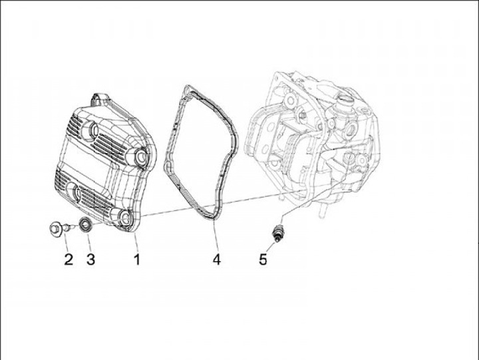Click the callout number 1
point(137,260)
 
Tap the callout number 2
point(69,260)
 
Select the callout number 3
point(90,260)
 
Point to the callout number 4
point(217,260)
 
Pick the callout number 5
point(263,260)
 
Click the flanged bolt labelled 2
point(61,228)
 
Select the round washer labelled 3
point(84,225)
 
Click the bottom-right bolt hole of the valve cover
point(125,218)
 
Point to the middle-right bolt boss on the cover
point(140,156)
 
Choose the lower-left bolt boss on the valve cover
point(75,193)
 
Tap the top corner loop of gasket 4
point(187,90)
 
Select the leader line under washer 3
point(88,242)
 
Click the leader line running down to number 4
point(215,236)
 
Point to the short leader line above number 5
point(270,248)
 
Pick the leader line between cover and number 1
point(136,242)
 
